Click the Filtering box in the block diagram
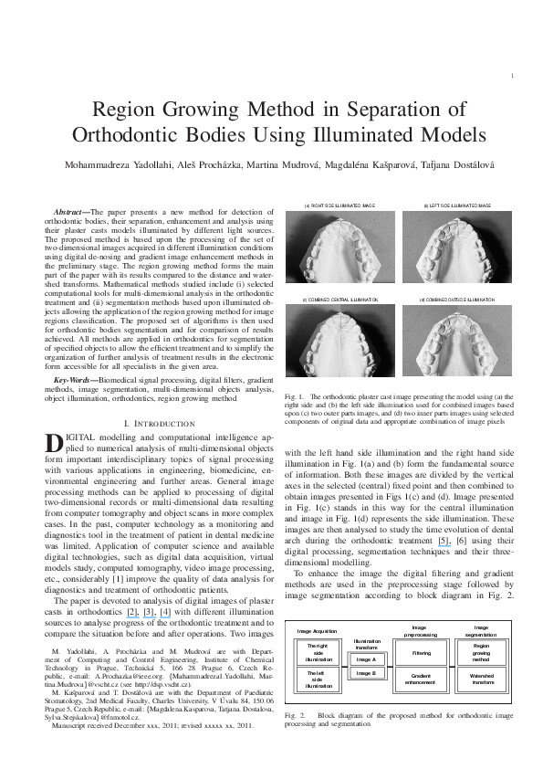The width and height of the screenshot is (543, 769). point(422,653)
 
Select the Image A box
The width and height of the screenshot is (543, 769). point(366,658)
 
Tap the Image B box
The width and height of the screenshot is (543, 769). point(366,673)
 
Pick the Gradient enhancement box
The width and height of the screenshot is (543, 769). point(422,680)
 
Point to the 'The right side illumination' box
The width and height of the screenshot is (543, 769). point(319,653)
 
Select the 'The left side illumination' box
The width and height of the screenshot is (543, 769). point(319,680)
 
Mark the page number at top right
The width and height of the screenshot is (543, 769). point(515,75)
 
